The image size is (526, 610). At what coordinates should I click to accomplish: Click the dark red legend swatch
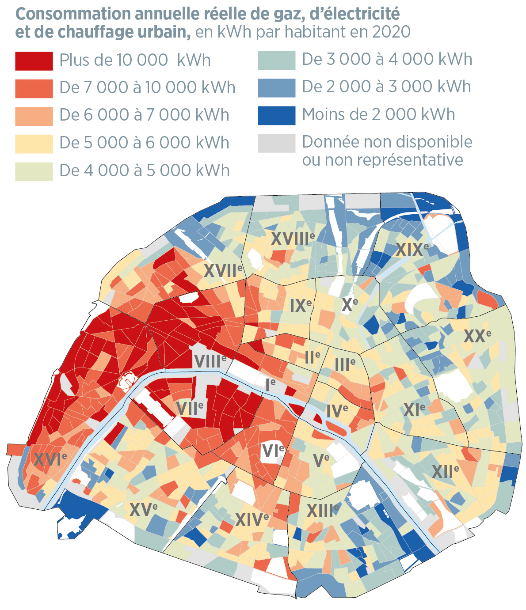pos(34,61)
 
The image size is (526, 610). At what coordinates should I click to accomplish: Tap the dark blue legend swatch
pos(276,115)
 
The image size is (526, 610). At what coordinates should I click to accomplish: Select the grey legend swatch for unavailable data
pos(276,143)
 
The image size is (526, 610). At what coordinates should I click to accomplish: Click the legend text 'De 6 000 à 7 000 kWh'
pos(144,115)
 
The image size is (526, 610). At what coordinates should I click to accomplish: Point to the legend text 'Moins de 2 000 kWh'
pos(378,114)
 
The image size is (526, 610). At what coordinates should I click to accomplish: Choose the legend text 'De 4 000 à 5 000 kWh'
pos(144,170)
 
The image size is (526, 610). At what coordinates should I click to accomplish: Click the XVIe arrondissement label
pos(50,459)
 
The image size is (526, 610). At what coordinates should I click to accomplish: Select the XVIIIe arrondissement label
pos(293,239)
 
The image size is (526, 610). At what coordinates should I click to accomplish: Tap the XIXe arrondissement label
pos(412,249)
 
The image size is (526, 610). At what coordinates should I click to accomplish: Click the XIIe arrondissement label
pos(445,471)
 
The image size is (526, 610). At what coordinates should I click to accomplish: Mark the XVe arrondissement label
pos(144,510)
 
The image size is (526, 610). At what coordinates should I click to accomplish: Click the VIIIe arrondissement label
pos(210,361)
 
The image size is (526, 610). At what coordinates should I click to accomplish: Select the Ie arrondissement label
pos(270,385)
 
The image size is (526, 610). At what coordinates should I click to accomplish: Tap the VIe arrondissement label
pos(273,451)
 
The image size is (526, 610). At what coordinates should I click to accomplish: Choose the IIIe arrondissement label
pos(345,365)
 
